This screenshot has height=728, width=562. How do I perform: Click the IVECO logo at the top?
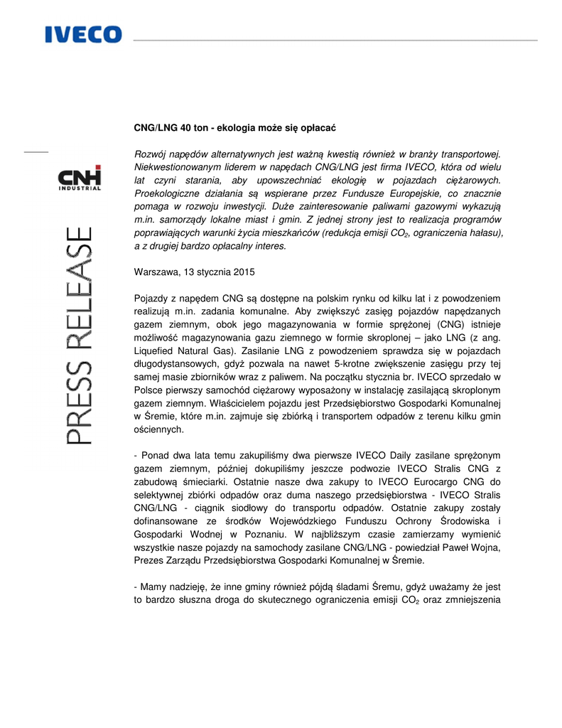click(84, 34)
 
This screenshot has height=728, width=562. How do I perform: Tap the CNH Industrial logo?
click(80, 178)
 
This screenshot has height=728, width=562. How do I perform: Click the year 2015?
click(242, 272)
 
